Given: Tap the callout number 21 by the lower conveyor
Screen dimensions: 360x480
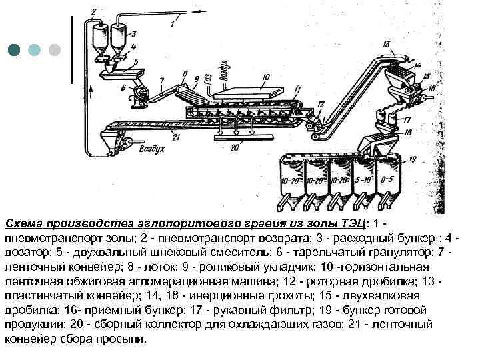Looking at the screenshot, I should point(176,137).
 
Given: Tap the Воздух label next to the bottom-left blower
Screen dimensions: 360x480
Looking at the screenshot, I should point(151,149).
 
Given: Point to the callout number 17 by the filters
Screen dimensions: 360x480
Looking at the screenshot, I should point(409,121).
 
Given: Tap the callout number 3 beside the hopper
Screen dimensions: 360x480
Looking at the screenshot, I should point(135,33).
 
